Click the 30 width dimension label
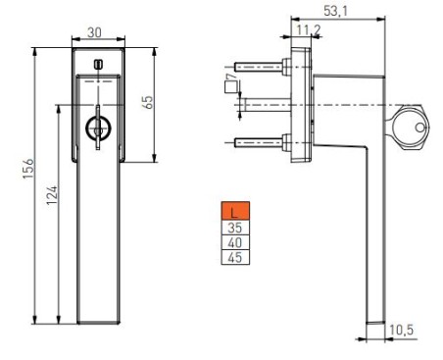94,32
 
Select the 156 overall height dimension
28,169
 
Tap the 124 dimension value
52,195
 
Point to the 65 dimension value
148,102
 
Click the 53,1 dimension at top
336,11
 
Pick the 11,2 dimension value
309,30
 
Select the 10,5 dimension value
402,330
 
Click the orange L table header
235,211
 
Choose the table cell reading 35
235,228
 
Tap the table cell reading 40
235,242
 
